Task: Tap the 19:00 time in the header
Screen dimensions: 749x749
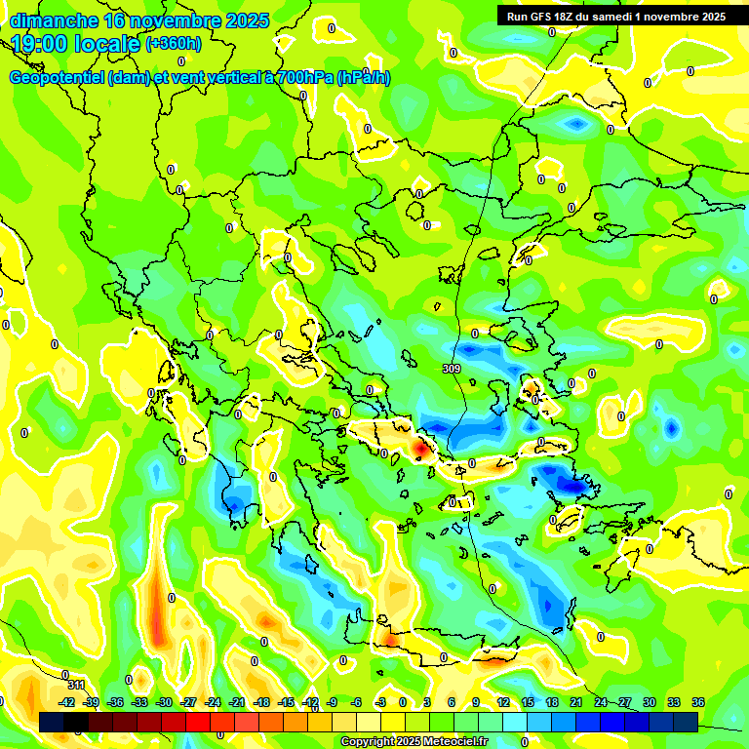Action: pyautogui.click(x=40, y=44)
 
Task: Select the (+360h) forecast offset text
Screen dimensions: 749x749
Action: pyautogui.click(x=174, y=44)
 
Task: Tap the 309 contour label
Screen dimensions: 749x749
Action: pyautogui.click(x=451, y=369)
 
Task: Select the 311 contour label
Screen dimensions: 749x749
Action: pyautogui.click(x=76, y=685)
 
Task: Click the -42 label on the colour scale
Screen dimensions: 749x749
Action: pyautogui.click(x=67, y=702)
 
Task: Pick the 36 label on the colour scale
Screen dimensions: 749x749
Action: pyautogui.click(x=698, y=702)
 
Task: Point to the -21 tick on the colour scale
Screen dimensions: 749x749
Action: pyautogui.click(x=237, y=702)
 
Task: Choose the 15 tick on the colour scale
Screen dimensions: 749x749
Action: pyautogui.click(x=528, y=702)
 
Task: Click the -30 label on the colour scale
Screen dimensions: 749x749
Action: pyautogui.click(x=164, y=702)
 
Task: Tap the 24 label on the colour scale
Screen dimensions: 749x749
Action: pyautogui.click(x=601, y=702)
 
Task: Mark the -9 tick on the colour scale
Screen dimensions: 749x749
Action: pyautogui.click(x=332, y=702)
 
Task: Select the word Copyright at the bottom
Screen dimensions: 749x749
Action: pyautogui.click(x=368, y=742)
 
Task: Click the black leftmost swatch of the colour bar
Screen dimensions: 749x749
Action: pyautogui.click(x=52, y=721)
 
